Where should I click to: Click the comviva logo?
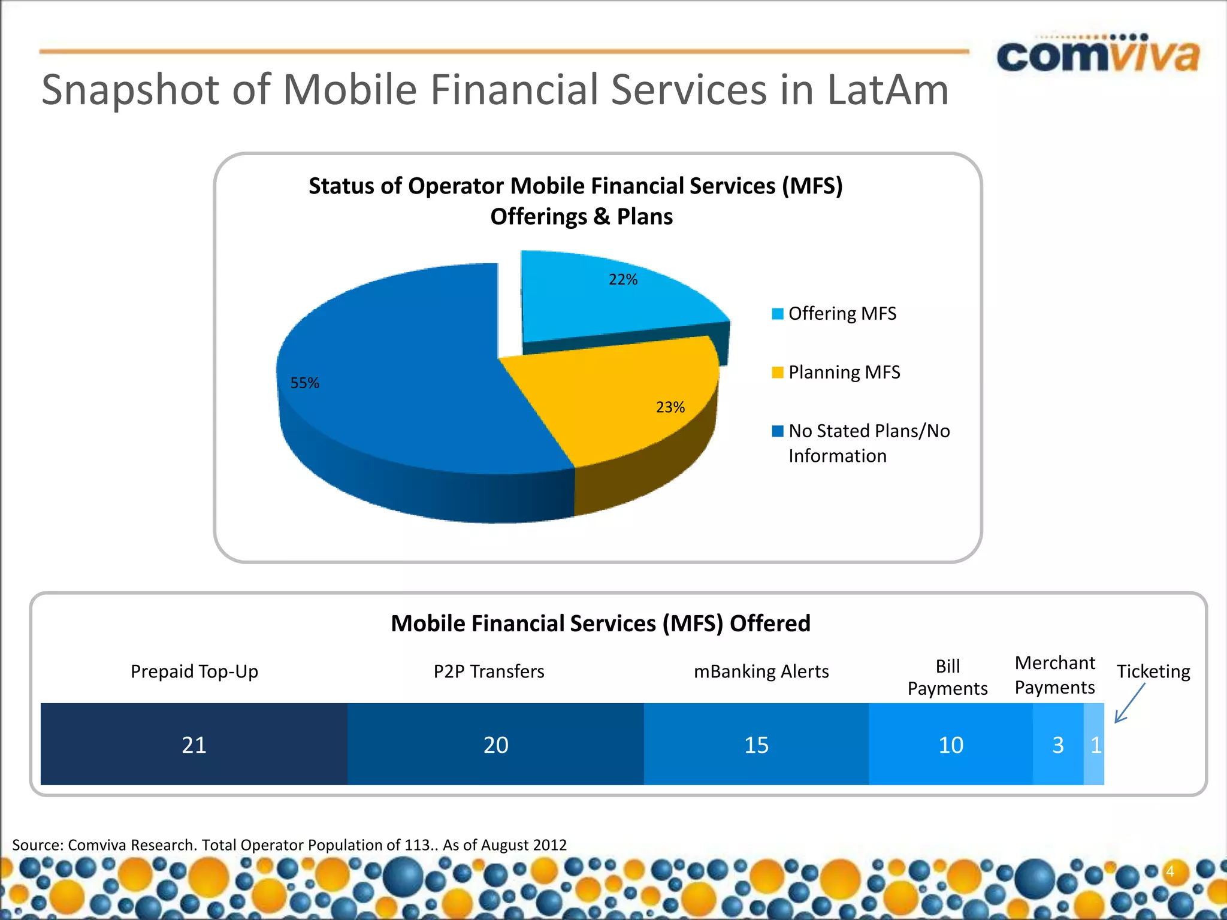point(1098,55)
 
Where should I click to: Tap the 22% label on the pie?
point(622,280)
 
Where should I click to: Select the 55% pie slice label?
point(304,383)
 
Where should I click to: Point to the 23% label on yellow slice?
point(670,407)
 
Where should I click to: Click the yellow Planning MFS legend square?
point(777,373)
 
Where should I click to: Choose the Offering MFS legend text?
point(842,314)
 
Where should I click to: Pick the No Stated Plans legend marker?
point(777,431)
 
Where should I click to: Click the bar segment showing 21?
point(194,745)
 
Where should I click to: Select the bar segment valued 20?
point(495,745)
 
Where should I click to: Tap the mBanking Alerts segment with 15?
point(756,745)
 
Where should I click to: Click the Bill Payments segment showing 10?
point(950,745)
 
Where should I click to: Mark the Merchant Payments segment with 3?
point(1058,745)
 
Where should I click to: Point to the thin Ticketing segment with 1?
point(1095,745)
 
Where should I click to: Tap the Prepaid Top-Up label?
point(194,671)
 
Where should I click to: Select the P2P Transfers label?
point(489,671)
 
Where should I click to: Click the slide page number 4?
point(1169,871)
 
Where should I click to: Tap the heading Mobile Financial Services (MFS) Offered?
point(600,624)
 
